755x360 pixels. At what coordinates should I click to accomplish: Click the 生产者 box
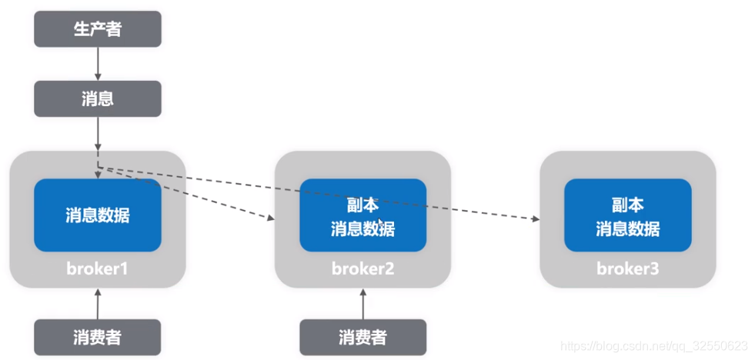98,29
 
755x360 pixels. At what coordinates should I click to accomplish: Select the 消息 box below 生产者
98,98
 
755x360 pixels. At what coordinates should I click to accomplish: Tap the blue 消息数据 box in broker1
98,215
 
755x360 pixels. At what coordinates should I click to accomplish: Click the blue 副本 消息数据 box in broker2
362,215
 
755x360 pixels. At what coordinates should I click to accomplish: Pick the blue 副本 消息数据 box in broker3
627,215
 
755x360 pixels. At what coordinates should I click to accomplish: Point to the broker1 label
98,269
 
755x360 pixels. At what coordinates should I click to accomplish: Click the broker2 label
362,269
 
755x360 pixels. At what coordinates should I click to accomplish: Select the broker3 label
627,269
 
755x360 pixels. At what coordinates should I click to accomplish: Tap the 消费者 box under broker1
98,337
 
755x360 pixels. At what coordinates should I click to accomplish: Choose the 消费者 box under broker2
362,337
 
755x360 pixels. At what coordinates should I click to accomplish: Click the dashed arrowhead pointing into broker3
534,219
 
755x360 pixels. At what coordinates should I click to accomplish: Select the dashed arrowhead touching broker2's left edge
271,218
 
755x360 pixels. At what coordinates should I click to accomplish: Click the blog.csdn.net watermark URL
653,347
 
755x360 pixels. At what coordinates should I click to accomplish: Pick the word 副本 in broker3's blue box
627,205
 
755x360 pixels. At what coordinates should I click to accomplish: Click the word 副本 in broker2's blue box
362,205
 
